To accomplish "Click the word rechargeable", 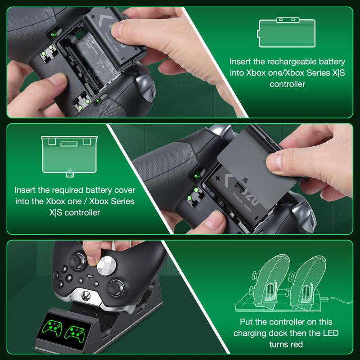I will click(291, 62).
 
